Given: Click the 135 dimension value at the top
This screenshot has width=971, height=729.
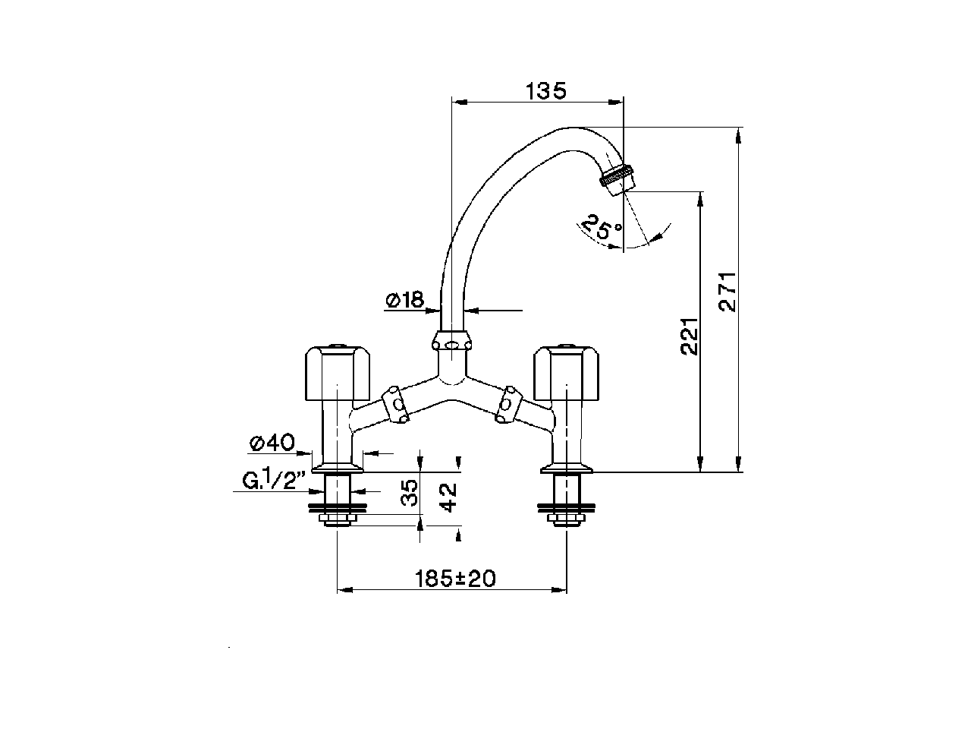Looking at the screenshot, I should [546, 91].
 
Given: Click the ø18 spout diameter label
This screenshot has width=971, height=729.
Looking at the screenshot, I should [404, 301].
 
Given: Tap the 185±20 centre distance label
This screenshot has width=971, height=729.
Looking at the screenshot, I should [455, 579].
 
